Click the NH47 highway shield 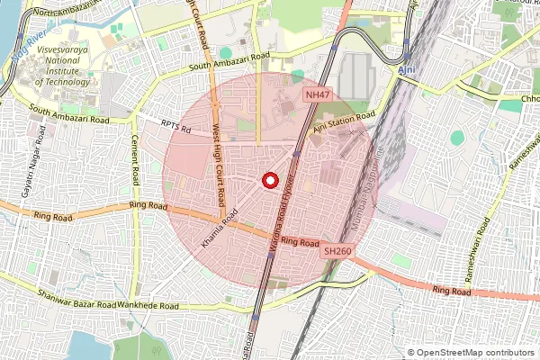(x=318, y=94)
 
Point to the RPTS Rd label (x=177, y=128)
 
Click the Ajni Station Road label (x=344, y=122)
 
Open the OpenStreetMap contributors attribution (x=476, y=353)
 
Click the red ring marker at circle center (x=268, y=181)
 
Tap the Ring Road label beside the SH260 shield (x=300, y=243)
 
